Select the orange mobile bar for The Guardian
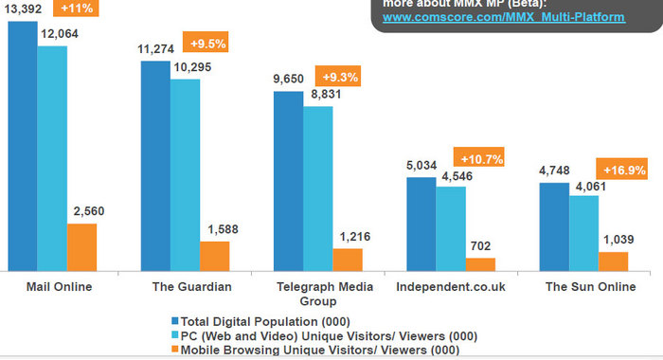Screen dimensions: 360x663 (214, 255)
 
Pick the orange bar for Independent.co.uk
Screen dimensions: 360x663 (479, 263)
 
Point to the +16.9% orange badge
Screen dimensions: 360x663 (622, 171)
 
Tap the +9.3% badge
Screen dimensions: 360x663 (342, 77)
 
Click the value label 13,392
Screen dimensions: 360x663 (21, 10)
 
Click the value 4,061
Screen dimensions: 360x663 (587, 185)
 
